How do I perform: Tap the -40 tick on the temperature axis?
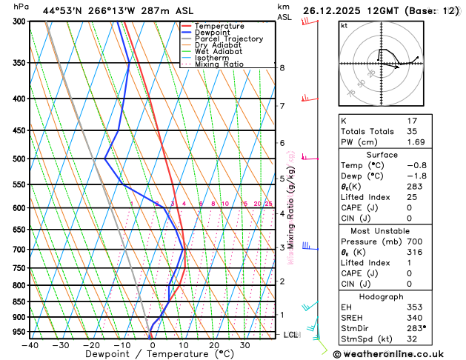point(30,344)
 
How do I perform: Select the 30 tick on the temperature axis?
point(244,344)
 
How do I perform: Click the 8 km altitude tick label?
point(282,67)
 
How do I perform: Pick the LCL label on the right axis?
point(290,335)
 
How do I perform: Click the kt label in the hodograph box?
point(344,25)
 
